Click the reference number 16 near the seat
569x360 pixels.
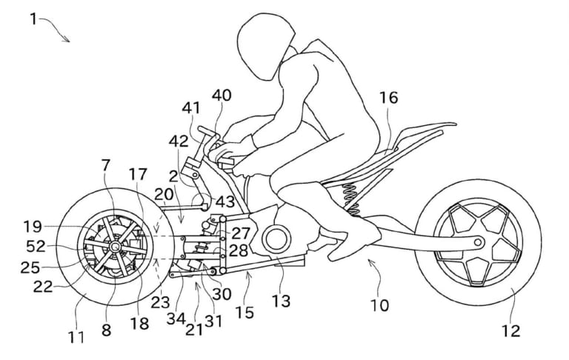[x=389, y=98]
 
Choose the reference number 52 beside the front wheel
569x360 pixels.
[x=37, y=244]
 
